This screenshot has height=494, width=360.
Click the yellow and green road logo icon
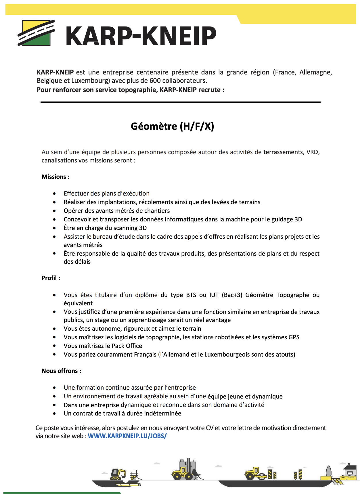pos(36,33)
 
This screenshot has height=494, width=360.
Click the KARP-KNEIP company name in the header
pos(141,36)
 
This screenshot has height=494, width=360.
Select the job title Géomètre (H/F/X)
pos(172,126)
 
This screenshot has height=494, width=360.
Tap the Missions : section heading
pos(55,177)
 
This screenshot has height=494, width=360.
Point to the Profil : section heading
pos(51,278)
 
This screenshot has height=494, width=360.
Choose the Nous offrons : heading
pos(61,371)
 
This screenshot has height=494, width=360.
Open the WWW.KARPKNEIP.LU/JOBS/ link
pos(127,436)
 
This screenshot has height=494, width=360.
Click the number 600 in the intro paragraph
pos(155,81)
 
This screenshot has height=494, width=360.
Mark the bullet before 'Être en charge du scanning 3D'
pos(54,228)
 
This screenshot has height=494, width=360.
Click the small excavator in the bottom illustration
pos(118,474)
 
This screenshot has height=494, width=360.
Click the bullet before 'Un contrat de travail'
pos(54,413)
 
